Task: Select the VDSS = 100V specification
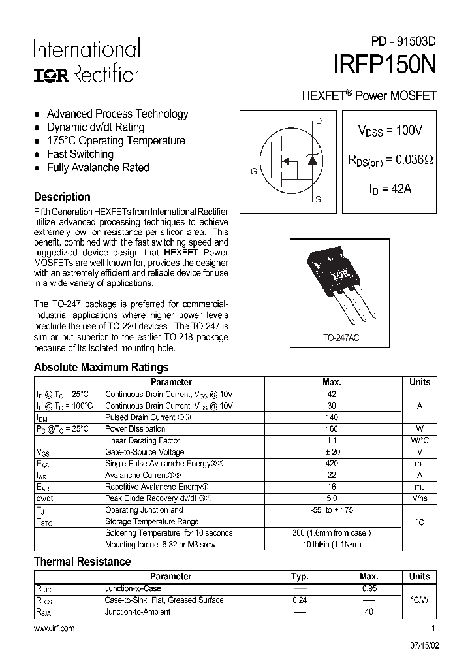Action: coord(390,131)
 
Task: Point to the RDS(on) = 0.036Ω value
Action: coord(390,160)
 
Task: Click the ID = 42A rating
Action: coord(390,189)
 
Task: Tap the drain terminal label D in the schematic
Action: coord(319,121)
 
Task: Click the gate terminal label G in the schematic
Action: coord(253,171)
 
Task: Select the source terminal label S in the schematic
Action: coord(318,200)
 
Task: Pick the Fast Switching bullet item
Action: coord(80,154)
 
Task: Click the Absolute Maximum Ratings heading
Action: coord(101,367)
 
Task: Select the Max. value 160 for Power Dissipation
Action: coord(332,429)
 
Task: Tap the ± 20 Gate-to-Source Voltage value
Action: coord(332,452)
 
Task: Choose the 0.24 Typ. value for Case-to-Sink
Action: coord(300,600)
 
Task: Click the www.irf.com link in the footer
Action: coord(54,628)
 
